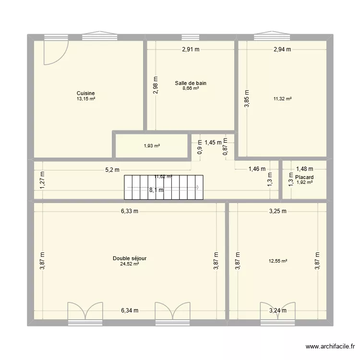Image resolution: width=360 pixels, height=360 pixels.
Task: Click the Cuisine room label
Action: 85,93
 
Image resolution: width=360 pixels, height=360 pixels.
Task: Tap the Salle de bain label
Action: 191,83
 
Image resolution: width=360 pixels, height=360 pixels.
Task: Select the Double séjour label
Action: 130,258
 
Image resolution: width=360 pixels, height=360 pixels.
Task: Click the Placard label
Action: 304,177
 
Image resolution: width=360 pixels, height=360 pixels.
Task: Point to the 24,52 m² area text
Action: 130,264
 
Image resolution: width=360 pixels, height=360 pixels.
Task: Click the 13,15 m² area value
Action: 85,99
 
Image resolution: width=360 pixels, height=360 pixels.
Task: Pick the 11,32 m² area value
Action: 283,99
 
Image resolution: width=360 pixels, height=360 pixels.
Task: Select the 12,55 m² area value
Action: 278,261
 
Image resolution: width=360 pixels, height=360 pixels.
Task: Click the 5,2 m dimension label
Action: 112,169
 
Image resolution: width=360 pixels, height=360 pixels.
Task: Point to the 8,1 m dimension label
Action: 156,190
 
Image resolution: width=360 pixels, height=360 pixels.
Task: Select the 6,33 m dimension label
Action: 130,211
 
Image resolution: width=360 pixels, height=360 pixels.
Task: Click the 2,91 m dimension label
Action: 191,49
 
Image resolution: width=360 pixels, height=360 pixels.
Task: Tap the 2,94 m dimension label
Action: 282,49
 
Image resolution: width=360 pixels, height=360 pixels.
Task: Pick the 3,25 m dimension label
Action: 277,211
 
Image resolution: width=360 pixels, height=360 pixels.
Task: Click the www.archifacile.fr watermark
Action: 331,347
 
